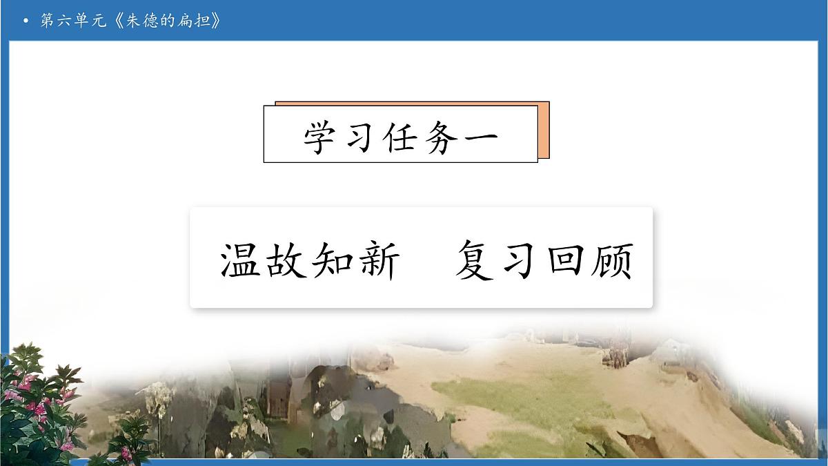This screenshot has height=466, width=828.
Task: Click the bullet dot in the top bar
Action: point(26,21)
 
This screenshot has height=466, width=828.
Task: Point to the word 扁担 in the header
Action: point(196,21)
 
